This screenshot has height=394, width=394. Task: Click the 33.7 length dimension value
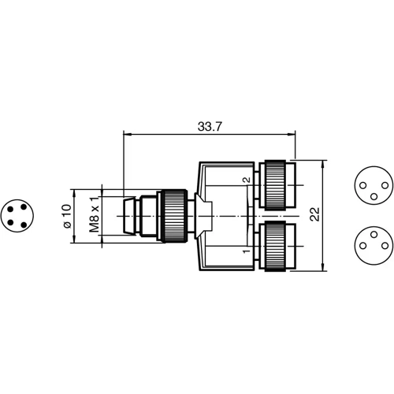pyautogui.click(x=209, y=125)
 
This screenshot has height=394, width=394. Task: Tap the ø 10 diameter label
pyautogui.click(x=67, y=216)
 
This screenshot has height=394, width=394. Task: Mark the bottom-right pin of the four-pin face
pyautogui.click(x=24, y=221)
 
